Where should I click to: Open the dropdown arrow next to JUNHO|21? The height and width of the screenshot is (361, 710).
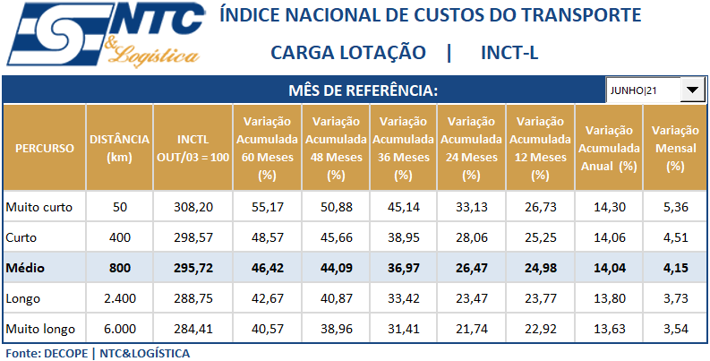tap(693, 90)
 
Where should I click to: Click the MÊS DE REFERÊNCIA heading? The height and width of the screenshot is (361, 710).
tap(363, 90)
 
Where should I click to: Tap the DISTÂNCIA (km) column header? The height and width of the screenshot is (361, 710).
tap(119, 148)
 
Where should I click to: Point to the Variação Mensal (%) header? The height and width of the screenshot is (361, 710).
tap(675, 148)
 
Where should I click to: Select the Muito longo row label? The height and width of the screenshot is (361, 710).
tap(39, 329)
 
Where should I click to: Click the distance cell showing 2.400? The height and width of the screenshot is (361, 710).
tap(119, 298)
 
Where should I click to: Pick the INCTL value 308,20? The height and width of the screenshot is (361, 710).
tap(192, 207)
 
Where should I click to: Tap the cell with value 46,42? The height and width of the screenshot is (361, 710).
tap(266, 268)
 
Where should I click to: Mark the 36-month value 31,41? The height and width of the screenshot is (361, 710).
tap(402, 329)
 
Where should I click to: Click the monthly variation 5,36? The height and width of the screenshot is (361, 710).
tap(676, 207)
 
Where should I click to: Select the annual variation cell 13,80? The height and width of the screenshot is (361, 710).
tap(608, 298)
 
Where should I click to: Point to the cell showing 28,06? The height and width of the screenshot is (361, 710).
tap(471, 237)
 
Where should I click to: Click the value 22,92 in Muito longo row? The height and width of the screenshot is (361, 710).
tap(539, 329)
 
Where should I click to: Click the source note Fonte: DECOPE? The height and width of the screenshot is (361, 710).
tap(45, 353)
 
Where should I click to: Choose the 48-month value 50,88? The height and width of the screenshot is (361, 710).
tap(335, 207)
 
